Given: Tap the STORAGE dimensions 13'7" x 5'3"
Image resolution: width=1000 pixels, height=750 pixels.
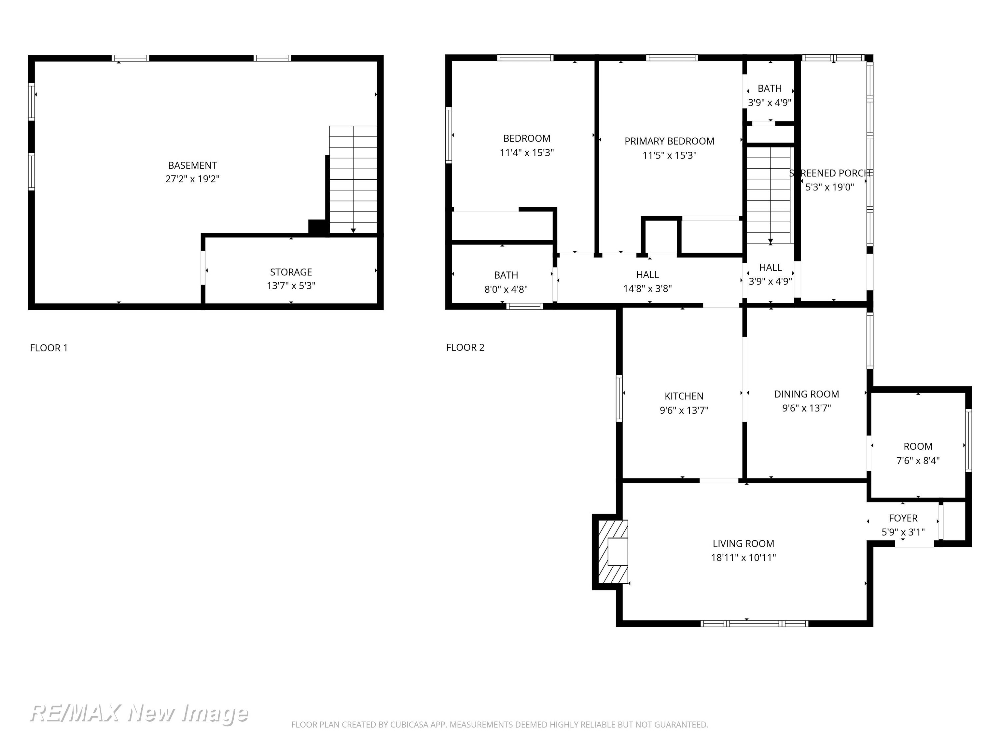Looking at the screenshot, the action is (x=291, y=286).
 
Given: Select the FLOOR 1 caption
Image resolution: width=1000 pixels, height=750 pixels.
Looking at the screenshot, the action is (x=49, y=348).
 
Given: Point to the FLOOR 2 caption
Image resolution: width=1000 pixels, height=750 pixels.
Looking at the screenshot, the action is (x=465, y=347).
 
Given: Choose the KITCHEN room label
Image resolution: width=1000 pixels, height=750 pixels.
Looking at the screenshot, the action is (x=684, y=396).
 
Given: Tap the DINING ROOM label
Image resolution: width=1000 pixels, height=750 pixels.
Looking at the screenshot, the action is (x=807, y=394).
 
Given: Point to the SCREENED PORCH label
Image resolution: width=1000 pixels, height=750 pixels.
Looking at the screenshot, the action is (x=830, y=173).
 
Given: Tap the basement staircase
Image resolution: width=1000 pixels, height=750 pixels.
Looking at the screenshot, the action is (x=353, y=179).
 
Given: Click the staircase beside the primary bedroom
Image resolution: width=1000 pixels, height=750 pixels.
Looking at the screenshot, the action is (x=769, y=195).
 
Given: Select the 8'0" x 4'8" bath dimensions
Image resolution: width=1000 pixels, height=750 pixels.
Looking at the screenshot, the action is (x=506, y=289).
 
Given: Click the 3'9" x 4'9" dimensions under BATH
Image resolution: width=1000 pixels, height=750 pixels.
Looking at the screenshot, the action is (x=769, y=103).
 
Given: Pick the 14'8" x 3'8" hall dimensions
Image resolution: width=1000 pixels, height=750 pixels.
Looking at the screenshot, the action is (x=647, y=288).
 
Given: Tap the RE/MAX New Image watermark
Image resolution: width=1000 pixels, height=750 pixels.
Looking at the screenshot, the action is (x=139, y=713).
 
